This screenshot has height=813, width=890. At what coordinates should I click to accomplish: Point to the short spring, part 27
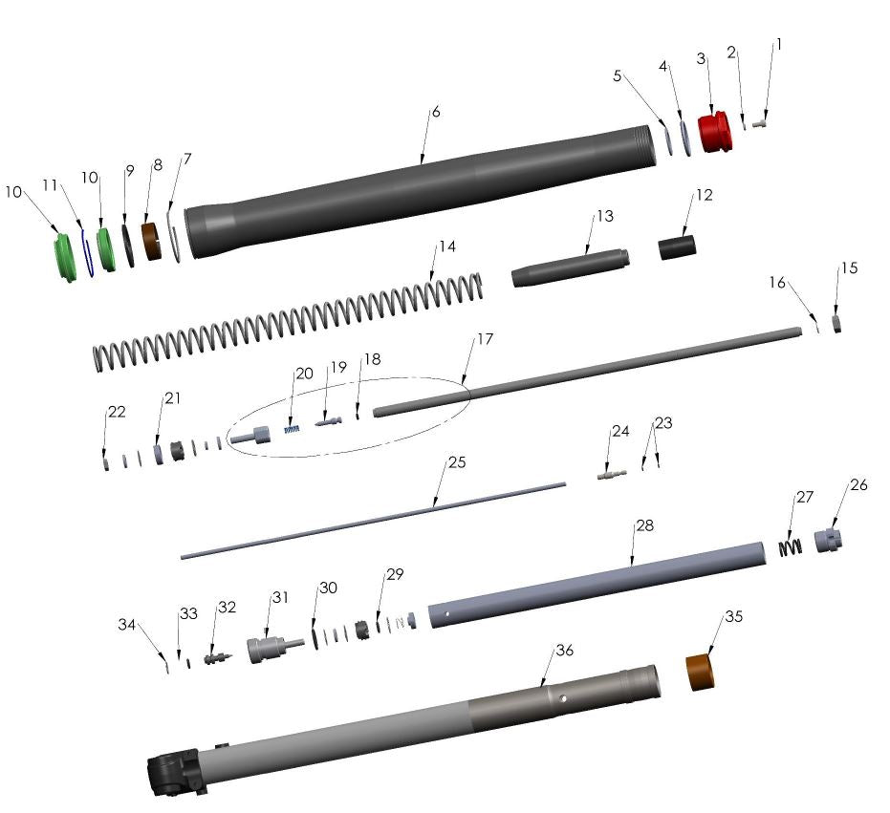(x=790, y=547)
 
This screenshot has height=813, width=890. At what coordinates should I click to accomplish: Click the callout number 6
(x=436, y=112)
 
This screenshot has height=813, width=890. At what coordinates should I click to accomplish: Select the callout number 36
(x=564, y=651)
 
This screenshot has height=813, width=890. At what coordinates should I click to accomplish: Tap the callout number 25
(x=457, y=462)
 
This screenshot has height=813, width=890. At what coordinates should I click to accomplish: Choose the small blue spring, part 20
(x=293, y=430)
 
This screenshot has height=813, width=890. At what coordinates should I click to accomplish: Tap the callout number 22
(x=116, y=412)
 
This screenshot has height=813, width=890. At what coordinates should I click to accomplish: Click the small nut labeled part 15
(x=836, y=323)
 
